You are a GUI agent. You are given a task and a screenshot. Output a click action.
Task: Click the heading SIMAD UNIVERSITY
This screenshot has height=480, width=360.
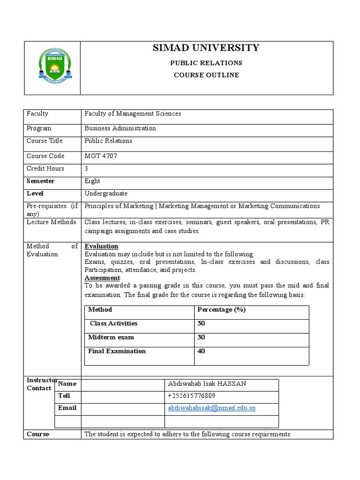[x=206, y=48]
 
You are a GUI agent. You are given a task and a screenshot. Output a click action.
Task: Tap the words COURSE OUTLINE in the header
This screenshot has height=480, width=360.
[x=206, y=75]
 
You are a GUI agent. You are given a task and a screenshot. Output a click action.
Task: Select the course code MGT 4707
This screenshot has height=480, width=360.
[x=101, y=156]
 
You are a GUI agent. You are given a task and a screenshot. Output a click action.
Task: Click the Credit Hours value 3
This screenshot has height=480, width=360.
[x=86, y=169]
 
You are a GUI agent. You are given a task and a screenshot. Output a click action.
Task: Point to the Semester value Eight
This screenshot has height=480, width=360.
[x=92, y=181]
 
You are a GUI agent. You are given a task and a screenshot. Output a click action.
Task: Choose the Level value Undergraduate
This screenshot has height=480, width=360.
[x=106, y=194]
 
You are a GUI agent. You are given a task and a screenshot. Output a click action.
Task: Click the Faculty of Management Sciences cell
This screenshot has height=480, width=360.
[x=133, y=114]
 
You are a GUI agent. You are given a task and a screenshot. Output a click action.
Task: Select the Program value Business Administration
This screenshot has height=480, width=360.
[x=120, y=128]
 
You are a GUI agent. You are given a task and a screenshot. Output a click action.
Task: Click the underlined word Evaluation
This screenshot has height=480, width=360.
[x=101, y=247]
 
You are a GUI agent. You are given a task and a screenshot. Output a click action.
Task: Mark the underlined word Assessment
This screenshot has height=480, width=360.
[x=102, y=277]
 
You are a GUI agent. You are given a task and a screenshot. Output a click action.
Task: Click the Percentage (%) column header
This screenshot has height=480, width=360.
[x=221, y=310]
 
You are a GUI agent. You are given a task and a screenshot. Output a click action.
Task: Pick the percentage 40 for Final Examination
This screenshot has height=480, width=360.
[x=202, y=351]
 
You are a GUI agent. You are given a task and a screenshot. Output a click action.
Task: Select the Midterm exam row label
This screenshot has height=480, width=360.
[x=111, y=337]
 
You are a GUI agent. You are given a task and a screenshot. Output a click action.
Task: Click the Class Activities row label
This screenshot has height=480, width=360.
[x=113, y=323]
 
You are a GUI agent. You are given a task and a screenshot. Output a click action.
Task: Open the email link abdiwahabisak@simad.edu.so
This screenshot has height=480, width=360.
[x=211, y=408]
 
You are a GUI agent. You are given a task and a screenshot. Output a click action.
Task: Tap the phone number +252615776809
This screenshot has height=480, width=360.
[x=198, y=396]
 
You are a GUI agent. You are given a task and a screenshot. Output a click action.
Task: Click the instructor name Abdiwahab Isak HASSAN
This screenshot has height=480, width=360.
[x=207, y=384]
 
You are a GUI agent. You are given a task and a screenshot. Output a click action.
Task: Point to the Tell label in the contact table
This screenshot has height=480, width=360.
[x=64, y=396]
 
